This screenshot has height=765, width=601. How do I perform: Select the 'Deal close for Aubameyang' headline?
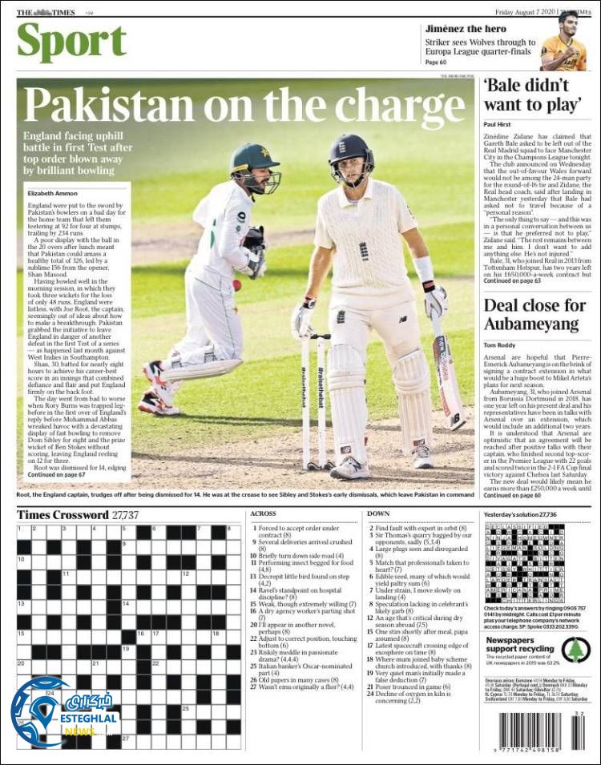(x=534, y=314)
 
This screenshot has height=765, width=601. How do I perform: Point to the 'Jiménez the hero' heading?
(x=466, y=29)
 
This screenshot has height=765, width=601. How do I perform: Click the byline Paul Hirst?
(x=498, y=125)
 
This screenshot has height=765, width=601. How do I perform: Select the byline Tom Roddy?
(x=499, y=345)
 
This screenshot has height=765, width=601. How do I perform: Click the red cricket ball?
(x=236, y=284)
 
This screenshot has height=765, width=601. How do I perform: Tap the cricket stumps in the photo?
(x=313, y=401)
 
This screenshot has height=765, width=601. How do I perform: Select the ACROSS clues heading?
(x=264, y=513)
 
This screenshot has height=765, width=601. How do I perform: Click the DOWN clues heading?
(x=378, y=513)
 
